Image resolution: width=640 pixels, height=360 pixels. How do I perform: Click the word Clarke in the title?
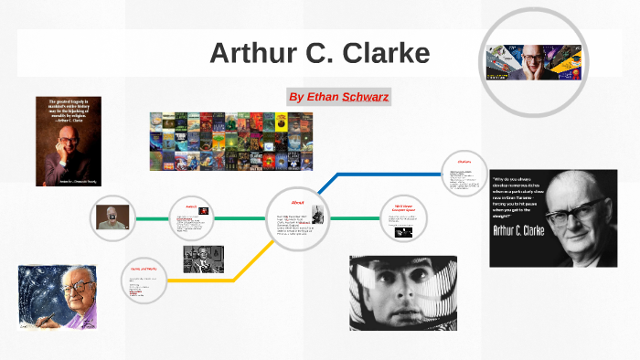point(386,53)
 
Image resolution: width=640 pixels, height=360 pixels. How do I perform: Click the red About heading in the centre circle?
point(297,201)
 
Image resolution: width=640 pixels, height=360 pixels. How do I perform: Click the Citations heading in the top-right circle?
point(464,161)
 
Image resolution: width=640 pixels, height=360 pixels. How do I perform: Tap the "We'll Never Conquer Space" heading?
point(403,207)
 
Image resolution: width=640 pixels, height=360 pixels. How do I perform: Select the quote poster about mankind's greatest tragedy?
point(68,141)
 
